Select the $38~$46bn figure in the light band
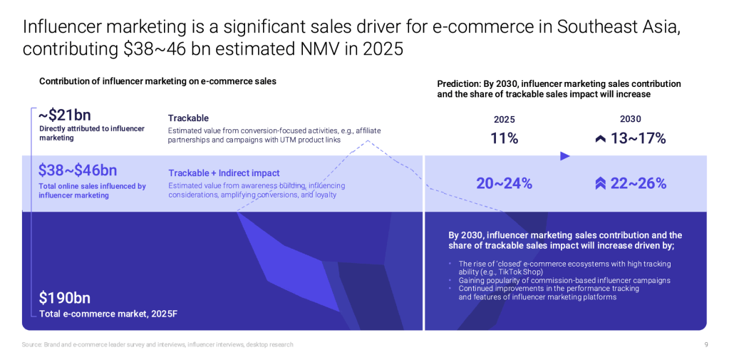pos(77,170)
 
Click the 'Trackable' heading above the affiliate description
pos(188,118)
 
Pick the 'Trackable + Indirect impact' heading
pos(224,173)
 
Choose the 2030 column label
pos(630,119)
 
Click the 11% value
pos(504,138)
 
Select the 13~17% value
pos(638,138)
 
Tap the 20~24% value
pos(504,183)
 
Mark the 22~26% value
pos(638,183)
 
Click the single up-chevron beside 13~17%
pos(600,139)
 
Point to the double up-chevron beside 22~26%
pos(600,184)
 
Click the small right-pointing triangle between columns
pos(565,156)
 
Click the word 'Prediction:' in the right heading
pos(458,84)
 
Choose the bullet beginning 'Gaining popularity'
pos(564,280)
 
